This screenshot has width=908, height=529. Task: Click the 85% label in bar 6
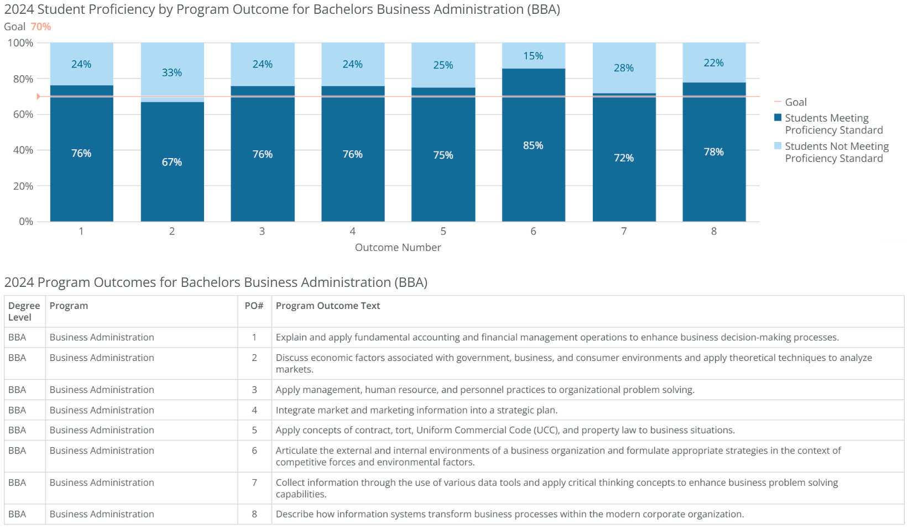tap(533, 145)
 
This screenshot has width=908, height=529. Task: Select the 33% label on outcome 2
tap(171, 72)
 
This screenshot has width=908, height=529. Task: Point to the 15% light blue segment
tap(533, 56)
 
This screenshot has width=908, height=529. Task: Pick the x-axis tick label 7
tap(624, 231)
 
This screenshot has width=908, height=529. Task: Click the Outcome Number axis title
tap(398, 247)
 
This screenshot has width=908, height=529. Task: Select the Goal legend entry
tap(795, 102)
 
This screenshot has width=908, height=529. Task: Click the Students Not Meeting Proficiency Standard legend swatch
tap(777, 146)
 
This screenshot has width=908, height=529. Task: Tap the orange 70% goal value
tap(41, 27)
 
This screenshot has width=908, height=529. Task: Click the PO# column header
tap(254, 306)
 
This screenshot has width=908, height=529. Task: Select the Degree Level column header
tap(24, 311)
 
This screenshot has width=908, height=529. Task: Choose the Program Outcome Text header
tap(327, 306)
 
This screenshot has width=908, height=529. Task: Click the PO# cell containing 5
tap(254, 430)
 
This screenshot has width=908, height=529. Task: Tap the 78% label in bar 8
tap(713, 152)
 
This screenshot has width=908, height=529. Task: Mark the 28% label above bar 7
tap(623, 68)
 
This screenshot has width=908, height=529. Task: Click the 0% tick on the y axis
tap(26, 222)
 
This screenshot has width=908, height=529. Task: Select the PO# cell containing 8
tap(254, 514)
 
